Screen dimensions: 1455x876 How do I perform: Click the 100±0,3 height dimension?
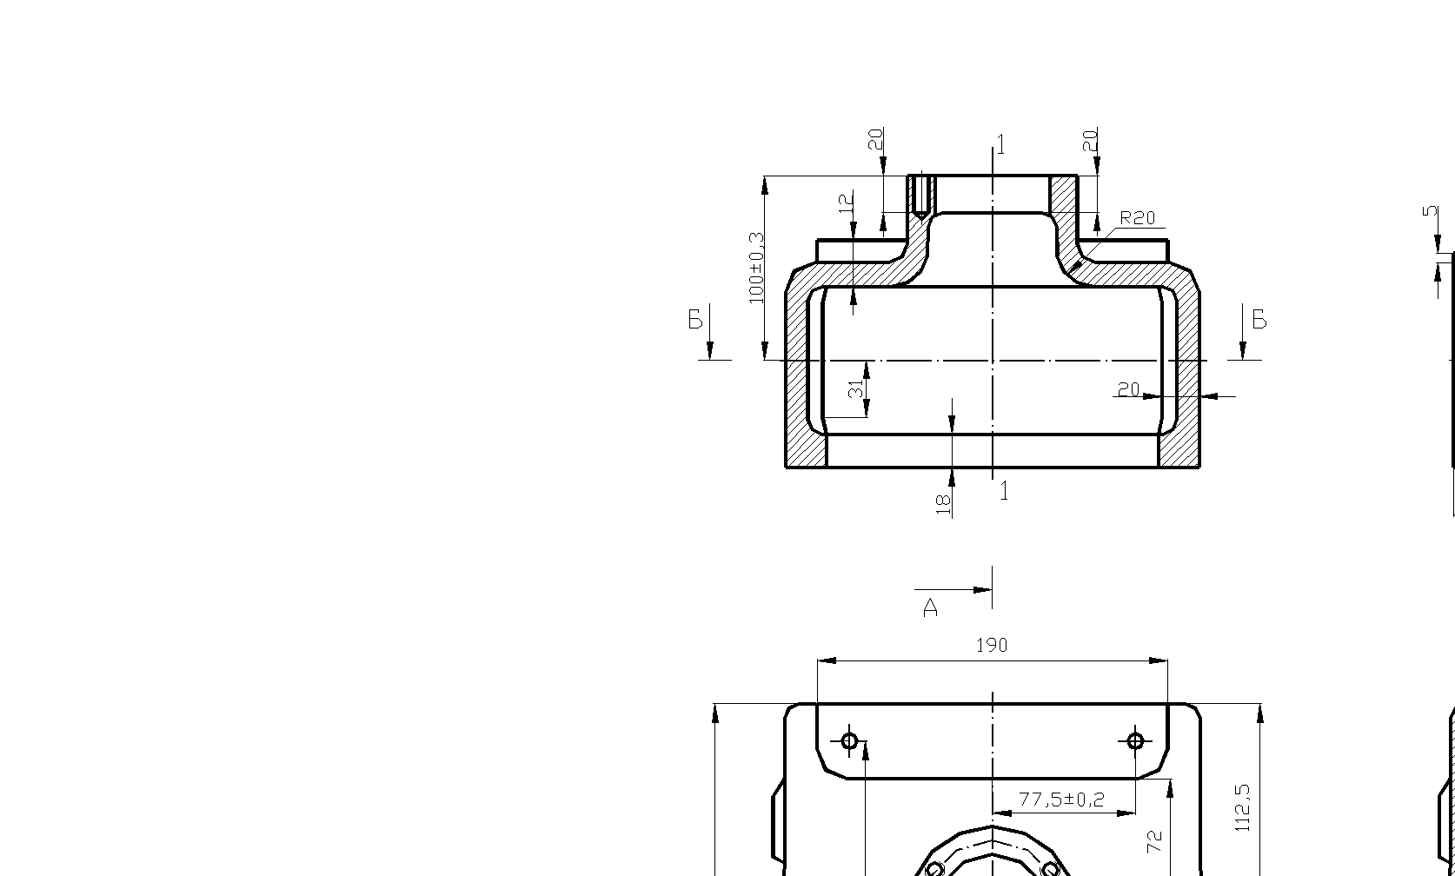(757, 268)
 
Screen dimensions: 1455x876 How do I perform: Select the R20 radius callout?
(1138, 218)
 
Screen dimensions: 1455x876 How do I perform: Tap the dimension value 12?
(846, 203)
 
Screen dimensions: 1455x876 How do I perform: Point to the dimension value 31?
(857, 389)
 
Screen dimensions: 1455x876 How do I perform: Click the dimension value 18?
(943, 505)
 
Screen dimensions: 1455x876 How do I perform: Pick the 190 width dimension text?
(992, 646)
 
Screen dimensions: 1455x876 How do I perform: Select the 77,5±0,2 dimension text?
(1061, 800)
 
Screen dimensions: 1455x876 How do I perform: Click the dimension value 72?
(1154, 842)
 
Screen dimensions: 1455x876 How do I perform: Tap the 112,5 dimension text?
(1243, 808)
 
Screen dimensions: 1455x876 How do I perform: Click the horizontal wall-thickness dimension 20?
(1129, 389)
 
